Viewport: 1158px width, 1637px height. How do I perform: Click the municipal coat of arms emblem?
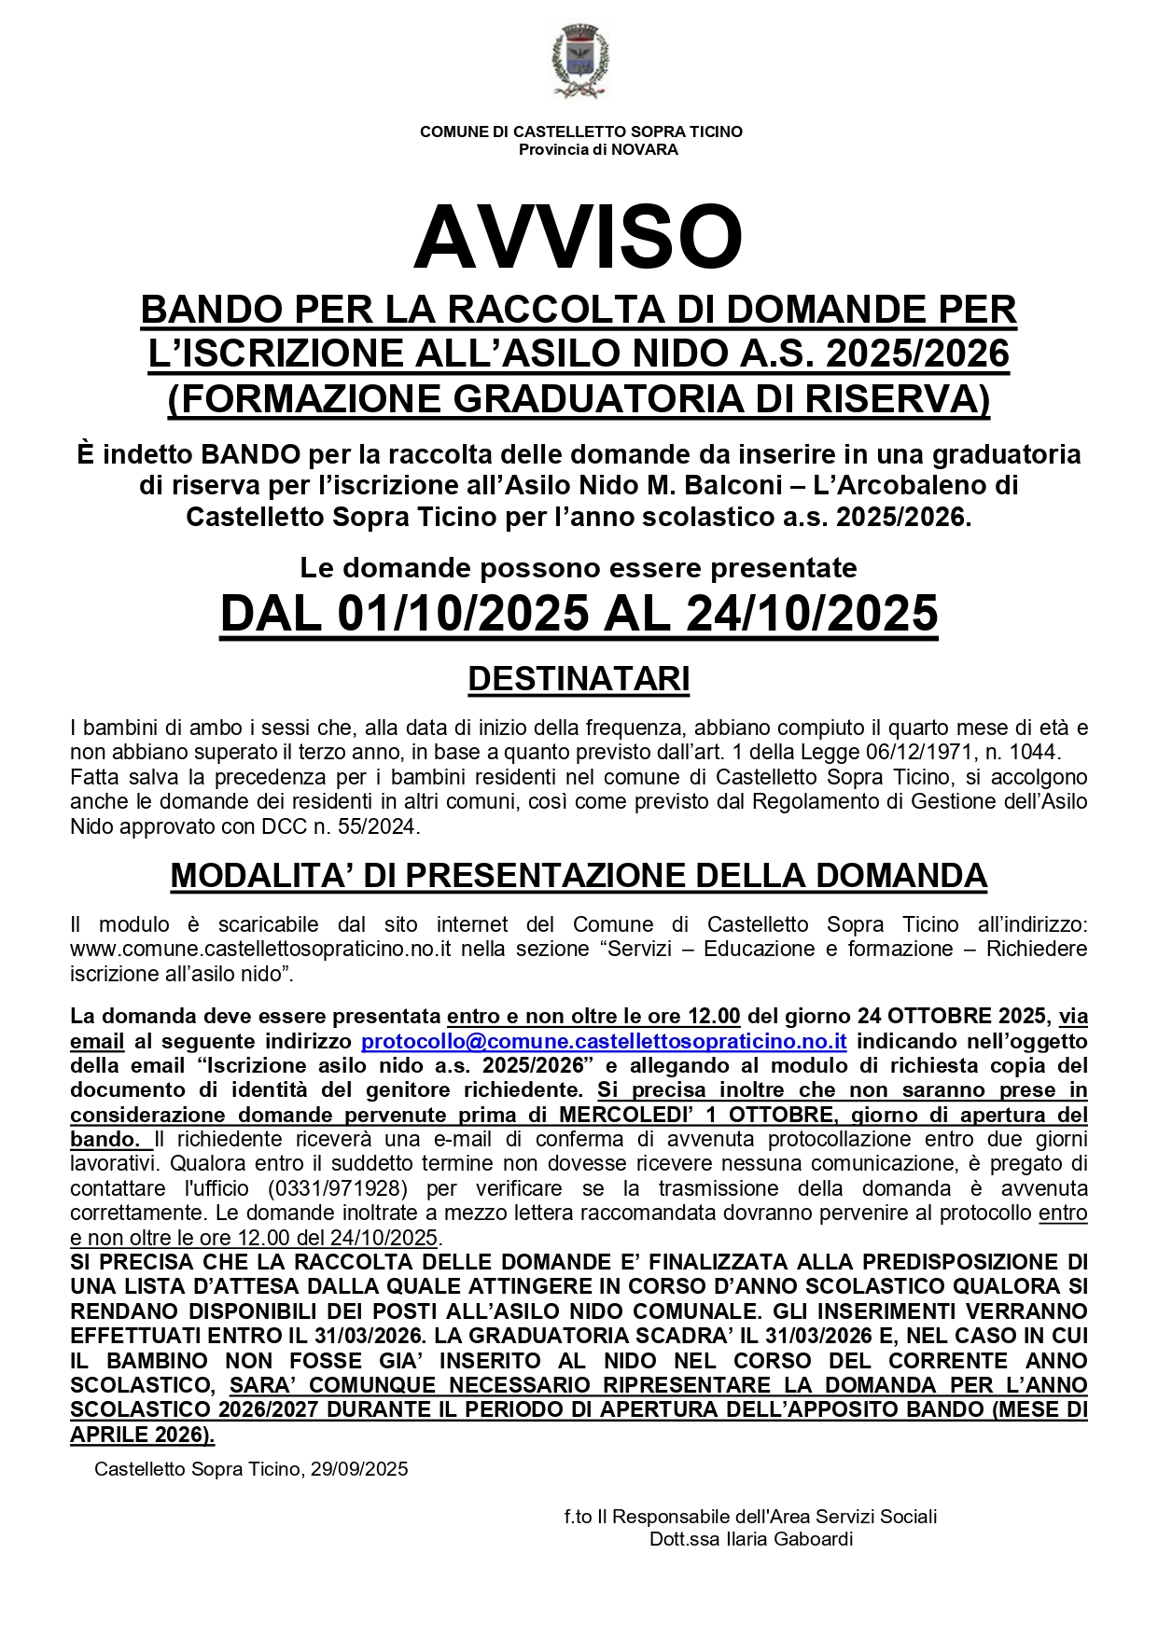[579, 62]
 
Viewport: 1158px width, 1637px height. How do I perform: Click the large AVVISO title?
[579, 238]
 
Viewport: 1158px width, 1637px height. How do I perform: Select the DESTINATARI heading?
[579, 679]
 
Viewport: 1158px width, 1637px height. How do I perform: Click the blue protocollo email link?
[604, 1041]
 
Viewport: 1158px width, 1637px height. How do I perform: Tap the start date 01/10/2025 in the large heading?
[464, 614]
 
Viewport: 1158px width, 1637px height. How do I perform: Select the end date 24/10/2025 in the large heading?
[812, 614]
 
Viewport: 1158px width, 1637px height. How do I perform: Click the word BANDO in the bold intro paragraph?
[251, 455]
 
